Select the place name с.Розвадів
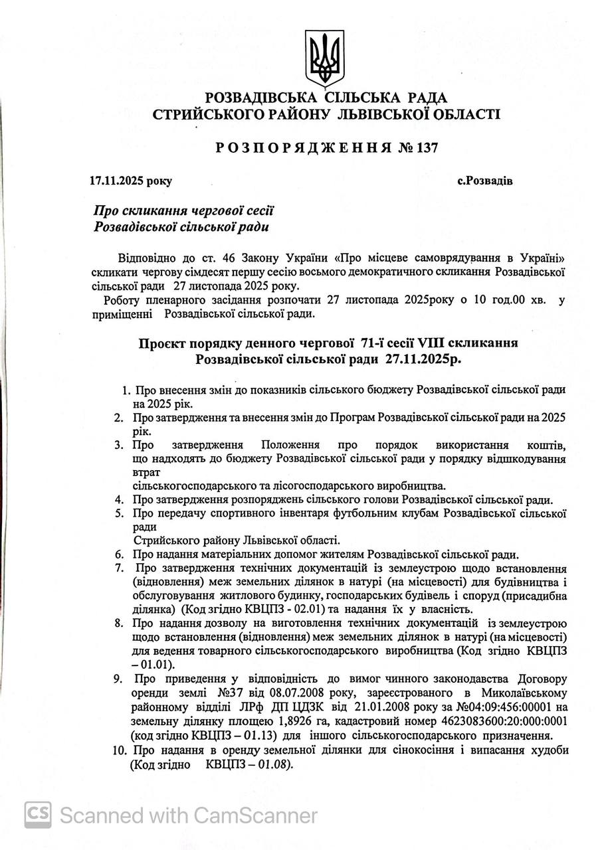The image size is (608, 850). [485, 181]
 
